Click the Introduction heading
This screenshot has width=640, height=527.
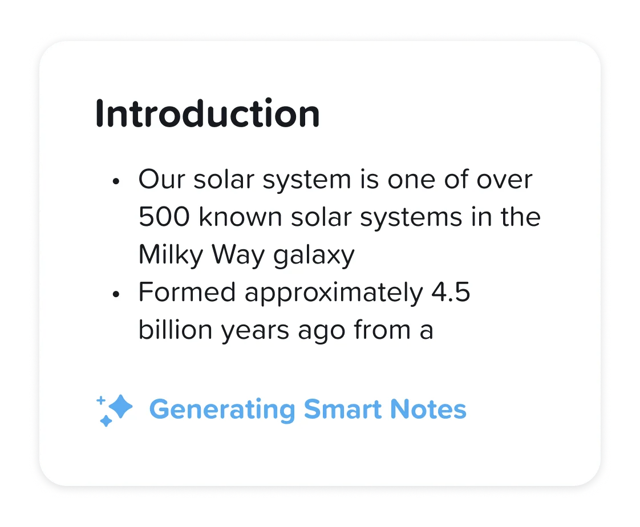[x=208, y=113]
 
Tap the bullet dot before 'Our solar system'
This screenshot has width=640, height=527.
[x=116, y=181]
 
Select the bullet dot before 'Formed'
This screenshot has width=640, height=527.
[x=116, y=294]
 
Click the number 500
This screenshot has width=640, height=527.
[x=164, y=216]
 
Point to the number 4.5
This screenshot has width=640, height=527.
[x=451, y=292]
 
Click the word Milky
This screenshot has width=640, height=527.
[x=171, y=255]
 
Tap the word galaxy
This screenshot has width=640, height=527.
[x=314, y=256]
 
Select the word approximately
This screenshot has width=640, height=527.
[x=334, y=294]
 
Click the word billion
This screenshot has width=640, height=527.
[x=176, y=330]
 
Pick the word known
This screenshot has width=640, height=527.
[x=240, y=216]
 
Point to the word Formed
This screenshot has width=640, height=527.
[x=187, y=292]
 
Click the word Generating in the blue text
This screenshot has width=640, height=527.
[x=222, y=410]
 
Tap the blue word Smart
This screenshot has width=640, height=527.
[x=343, y=409]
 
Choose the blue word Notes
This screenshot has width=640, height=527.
[x=428, y=409]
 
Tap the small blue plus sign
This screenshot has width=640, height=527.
[x=100, y=400]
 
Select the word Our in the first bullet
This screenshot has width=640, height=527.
[x=161, y=179]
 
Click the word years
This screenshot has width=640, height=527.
[x=255, y=331]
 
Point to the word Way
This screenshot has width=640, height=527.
[x=238, y=255]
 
